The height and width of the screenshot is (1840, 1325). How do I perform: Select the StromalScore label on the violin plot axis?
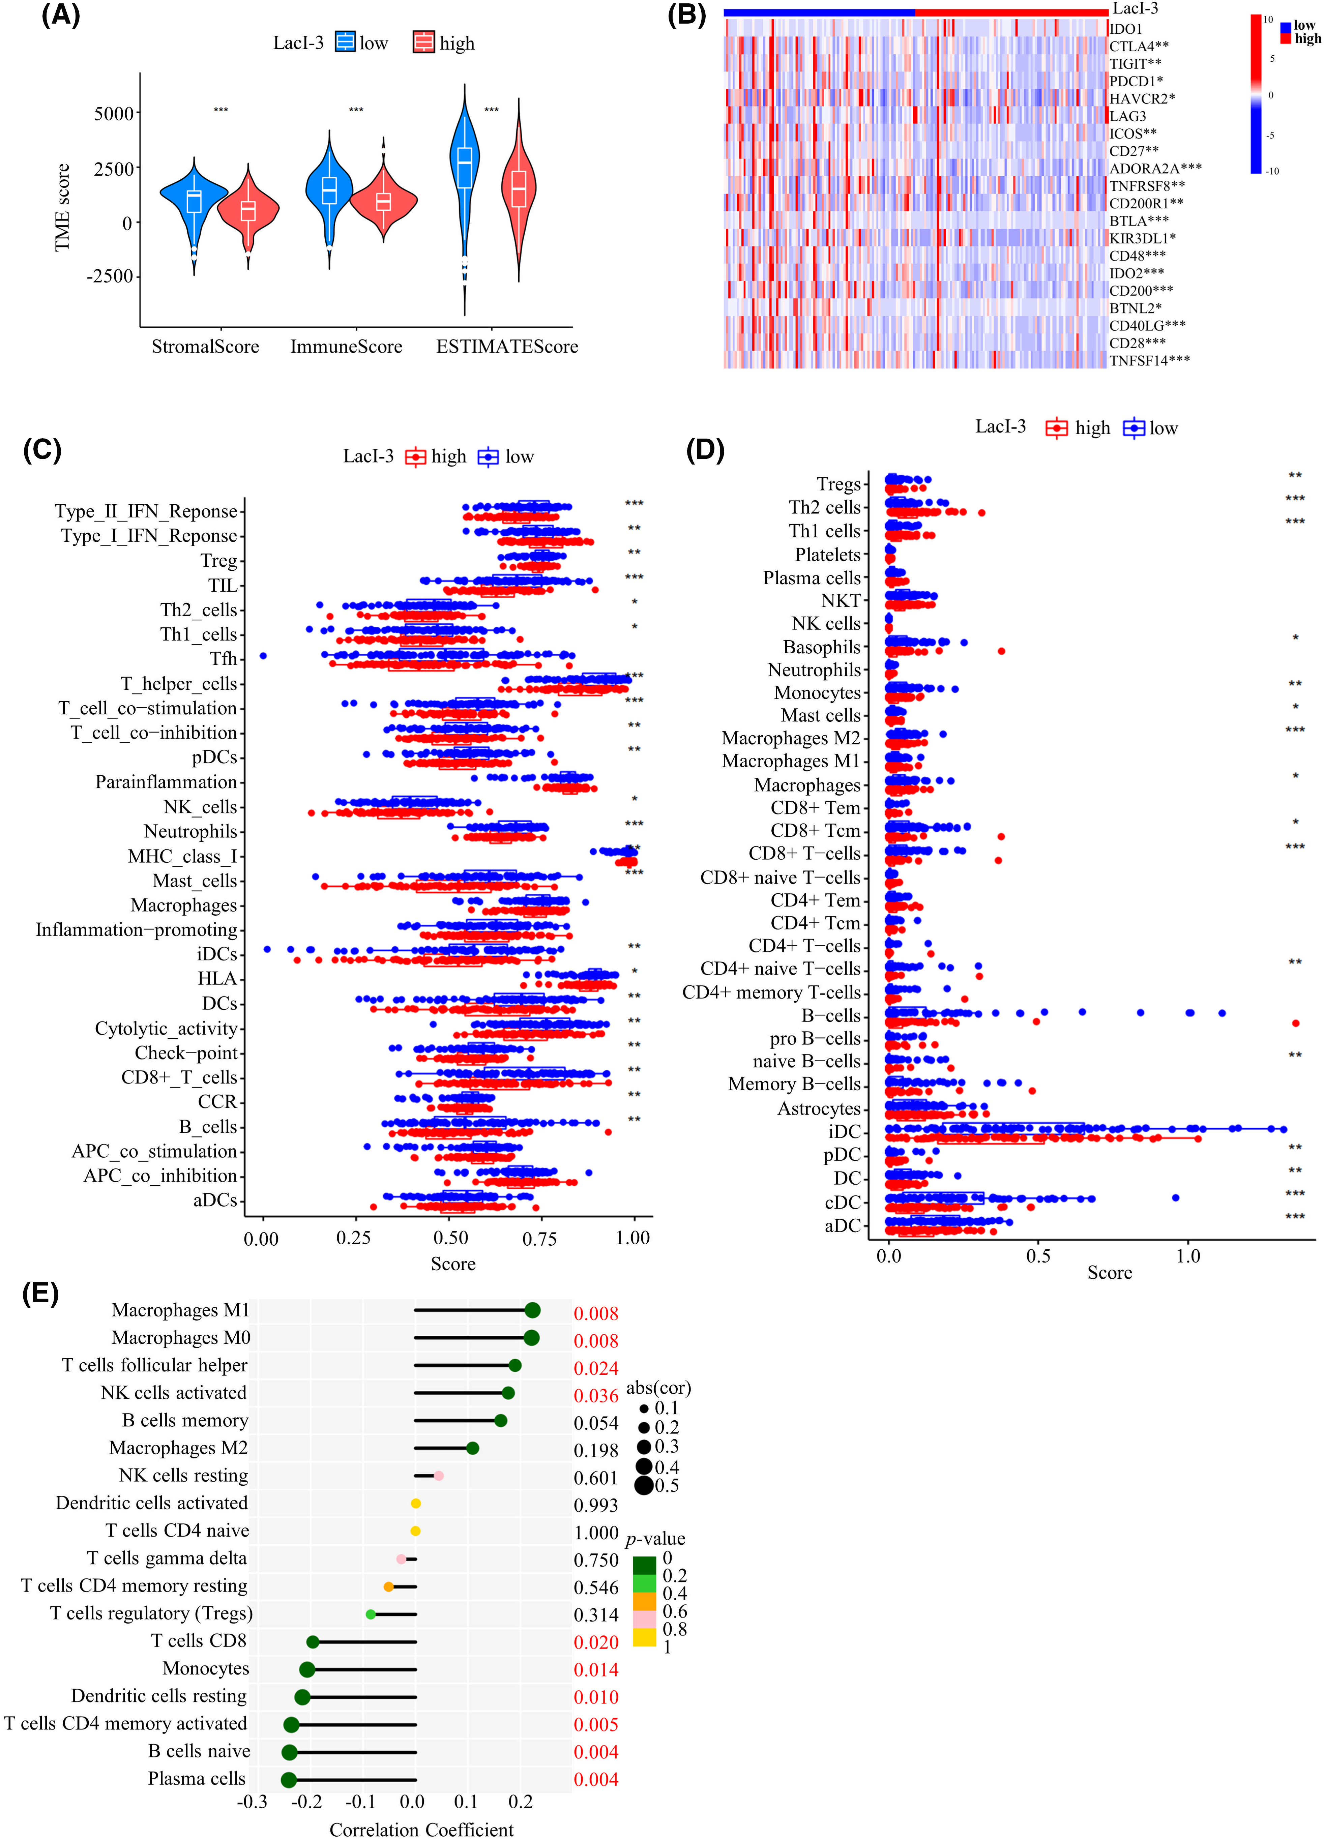click(205, 347)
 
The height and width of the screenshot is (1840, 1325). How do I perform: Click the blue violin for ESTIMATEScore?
click(464, 178)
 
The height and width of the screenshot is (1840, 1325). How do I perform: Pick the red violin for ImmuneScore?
click(383, 199)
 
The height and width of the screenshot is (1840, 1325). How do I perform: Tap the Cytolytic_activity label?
click(166, 1029)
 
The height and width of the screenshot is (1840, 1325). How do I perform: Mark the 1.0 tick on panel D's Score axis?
click(1188, 1257)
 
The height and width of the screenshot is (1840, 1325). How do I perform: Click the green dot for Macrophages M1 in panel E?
click(532, 1310)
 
